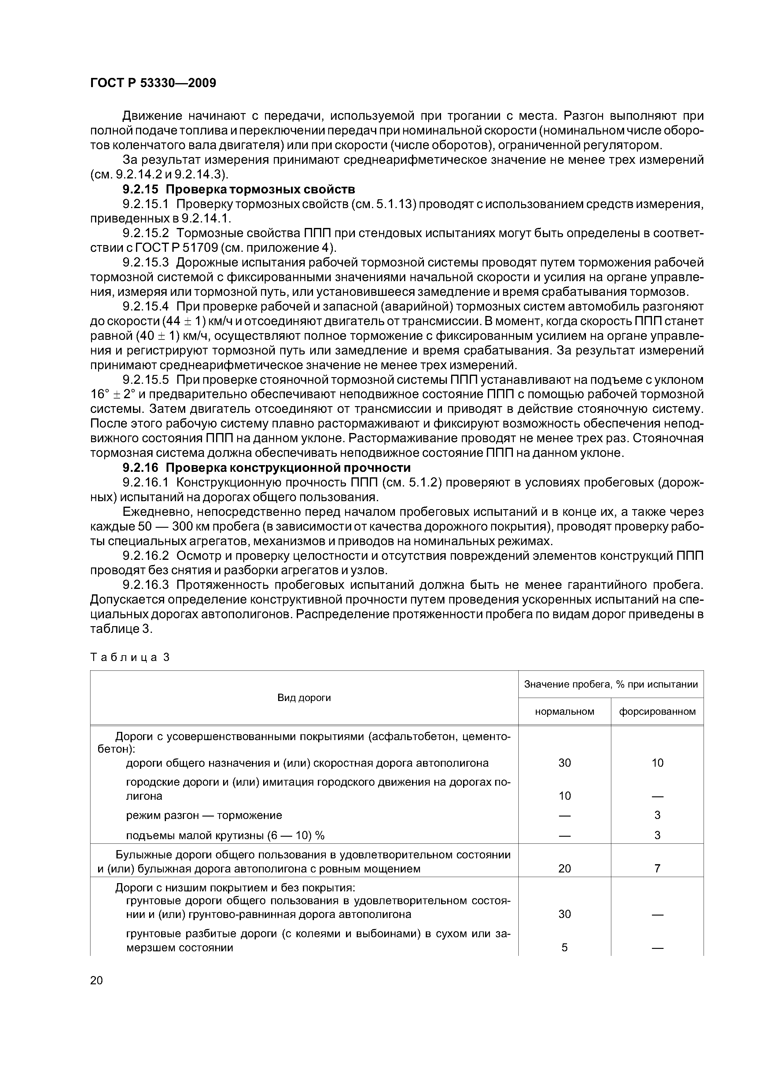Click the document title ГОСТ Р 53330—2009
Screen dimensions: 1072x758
tap(153, 83)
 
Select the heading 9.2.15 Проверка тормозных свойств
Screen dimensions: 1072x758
tap(239, 189)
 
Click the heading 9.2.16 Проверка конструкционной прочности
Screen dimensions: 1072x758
tap(266, 468)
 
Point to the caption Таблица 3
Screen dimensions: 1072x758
tap(130, 657)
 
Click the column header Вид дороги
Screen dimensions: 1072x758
tap(304, 698)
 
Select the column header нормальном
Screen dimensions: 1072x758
tap(564, 711)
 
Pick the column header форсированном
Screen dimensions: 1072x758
tap(657, 711)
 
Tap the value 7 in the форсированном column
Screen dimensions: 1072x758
tap(657, 868)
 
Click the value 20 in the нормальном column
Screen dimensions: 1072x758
tap(564, 868)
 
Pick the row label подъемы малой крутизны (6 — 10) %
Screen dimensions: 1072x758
tap(225, 835)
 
